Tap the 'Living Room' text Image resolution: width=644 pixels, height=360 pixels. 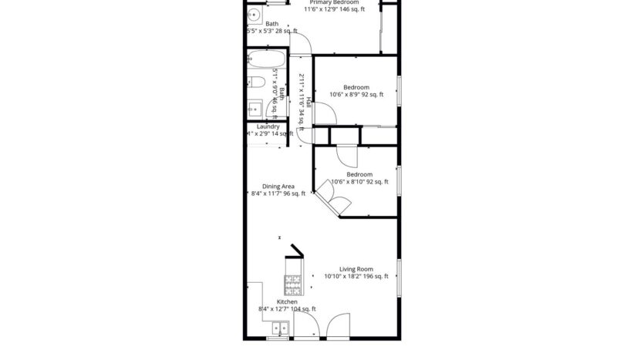click(356, 269)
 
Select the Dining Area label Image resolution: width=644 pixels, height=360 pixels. click(278, 186)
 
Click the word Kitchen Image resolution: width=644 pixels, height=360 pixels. click(276, 301)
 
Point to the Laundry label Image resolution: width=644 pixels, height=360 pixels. click(268, 126)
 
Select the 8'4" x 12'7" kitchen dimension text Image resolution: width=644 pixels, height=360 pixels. click(276, 309)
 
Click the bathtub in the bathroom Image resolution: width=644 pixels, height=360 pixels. click(266, 60)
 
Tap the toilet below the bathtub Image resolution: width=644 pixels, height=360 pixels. click(258, 82)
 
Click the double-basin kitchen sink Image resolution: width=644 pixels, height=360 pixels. click(279, 329)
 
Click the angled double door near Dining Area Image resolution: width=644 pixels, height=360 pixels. click(334, 203)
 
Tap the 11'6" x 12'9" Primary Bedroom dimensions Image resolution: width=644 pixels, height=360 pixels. click(322, 10)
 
